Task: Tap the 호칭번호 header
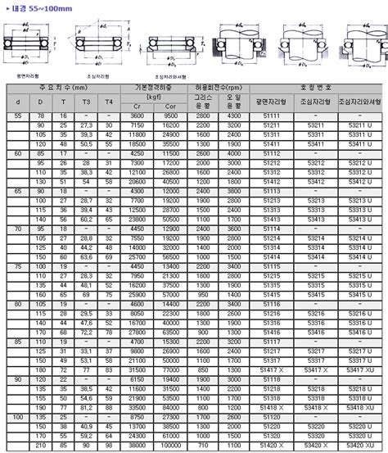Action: click(x=318, y=87)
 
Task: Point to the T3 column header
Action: click(x=85, y=101)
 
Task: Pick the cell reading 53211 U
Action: click(x=359, y=124)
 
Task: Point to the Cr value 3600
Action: click(x=138, y=116)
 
